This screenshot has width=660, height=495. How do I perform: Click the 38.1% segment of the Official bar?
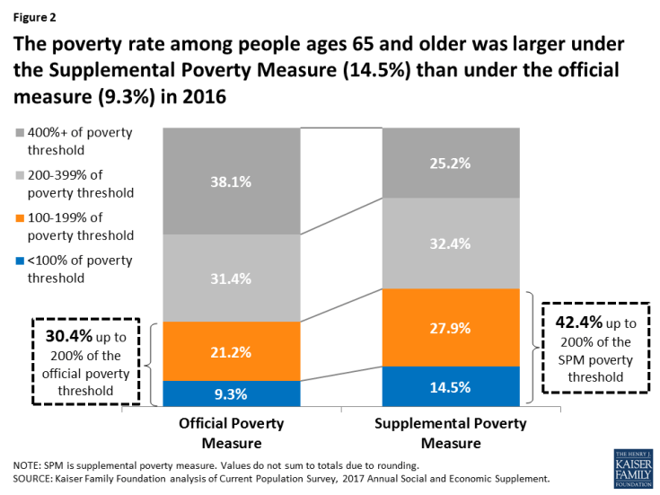coord(231,180)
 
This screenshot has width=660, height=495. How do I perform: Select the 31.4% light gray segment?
coord(231,278)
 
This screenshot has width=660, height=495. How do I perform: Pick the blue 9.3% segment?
coord(231,393)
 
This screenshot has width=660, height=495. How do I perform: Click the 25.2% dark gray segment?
coord(452,163)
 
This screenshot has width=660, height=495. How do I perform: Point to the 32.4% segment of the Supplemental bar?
coord(452,243)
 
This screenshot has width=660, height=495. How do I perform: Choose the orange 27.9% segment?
coord(452,327)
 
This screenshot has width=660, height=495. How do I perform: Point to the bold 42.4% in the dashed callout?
coord(571,321)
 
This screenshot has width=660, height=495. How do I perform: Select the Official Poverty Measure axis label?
coord(232,432)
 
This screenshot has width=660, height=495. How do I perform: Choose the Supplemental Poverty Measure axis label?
coord(452,432)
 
